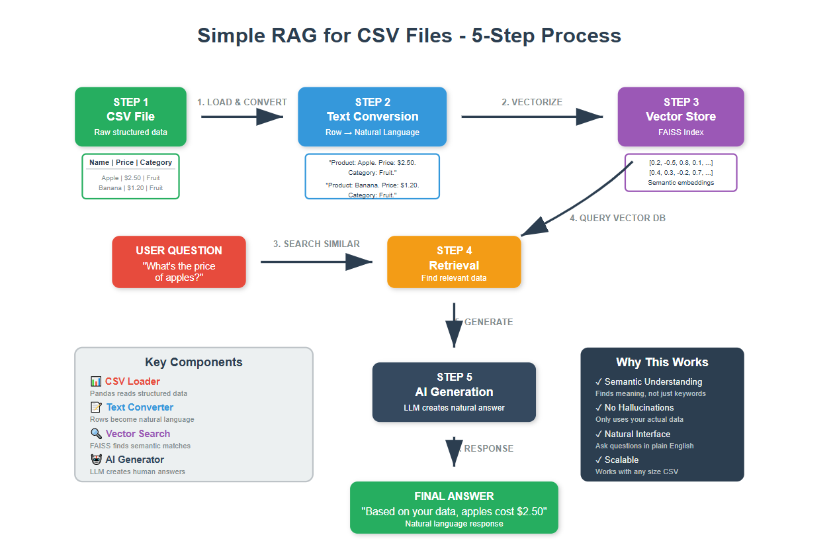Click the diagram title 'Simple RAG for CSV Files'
pos(409,35)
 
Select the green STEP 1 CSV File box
pos(130,117)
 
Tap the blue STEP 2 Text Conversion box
pos(372,117)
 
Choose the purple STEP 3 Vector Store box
pos(680,117)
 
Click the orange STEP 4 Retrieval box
pos(454,262)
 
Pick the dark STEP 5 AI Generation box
pos(454,392)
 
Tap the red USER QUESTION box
pos(179,262)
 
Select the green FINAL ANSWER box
pos(454,508)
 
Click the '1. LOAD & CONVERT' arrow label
pos(242,102)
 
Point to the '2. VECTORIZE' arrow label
pos(531,102)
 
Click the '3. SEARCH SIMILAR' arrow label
pos(316,244)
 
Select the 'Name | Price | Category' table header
pos(130,162)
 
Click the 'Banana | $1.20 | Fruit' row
pos(130,188)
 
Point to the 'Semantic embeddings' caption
pos(680,183)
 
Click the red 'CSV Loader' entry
pos(132,381)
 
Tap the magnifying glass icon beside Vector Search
pos(96,434)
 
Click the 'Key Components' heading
pos(193,362)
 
